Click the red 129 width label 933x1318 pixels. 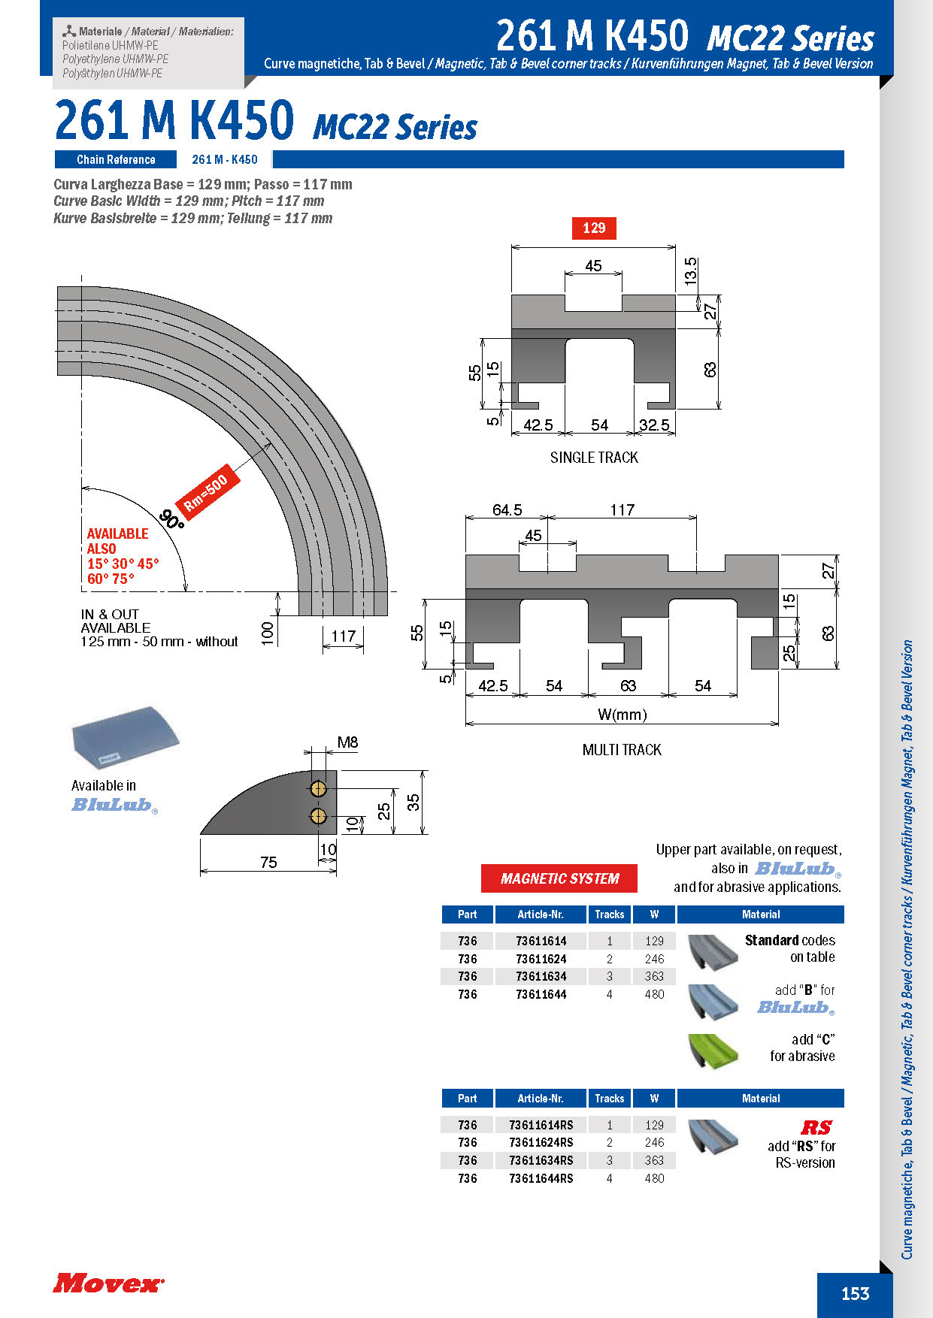click(594, 228)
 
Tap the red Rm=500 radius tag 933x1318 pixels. click(206, 493)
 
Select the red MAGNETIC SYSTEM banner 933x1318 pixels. click(559, 878)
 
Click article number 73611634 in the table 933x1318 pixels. click(541, 976)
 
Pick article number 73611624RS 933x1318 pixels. click(541, 1142)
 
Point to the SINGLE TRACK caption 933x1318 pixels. click(594, 458)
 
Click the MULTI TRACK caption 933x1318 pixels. click(622, 750)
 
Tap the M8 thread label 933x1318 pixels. click(347, 742)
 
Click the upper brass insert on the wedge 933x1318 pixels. click(318, 788)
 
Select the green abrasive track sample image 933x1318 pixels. click(713, 1050)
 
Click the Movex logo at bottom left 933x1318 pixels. click(108, 1283)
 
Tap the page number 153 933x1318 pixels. click(855, 1293)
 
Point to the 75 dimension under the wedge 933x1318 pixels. click(268, 862)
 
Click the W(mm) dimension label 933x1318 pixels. click(622, 715)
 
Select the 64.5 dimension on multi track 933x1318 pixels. click(507, 510)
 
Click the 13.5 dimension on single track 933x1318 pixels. click(691, 271)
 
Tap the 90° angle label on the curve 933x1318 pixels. click(172, 519)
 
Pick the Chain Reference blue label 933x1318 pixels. click(116, 159)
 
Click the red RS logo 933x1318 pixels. click(816, 1127)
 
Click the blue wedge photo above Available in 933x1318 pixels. click(126, 735)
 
